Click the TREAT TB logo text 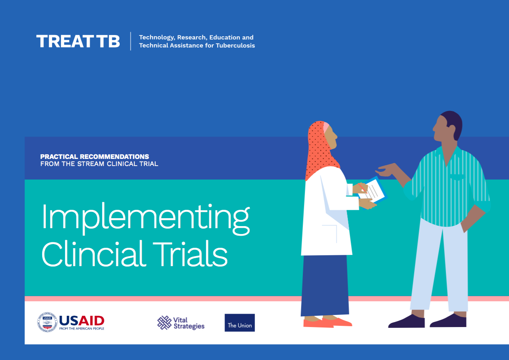(78, 41)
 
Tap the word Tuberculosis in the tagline (235, 45)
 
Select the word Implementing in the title (145, 218)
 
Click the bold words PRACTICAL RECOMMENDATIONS (94, 157)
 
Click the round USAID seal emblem (47, 322)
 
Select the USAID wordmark (82, 320)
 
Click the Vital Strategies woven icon (164, 322)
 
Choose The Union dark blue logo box (239, 323)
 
